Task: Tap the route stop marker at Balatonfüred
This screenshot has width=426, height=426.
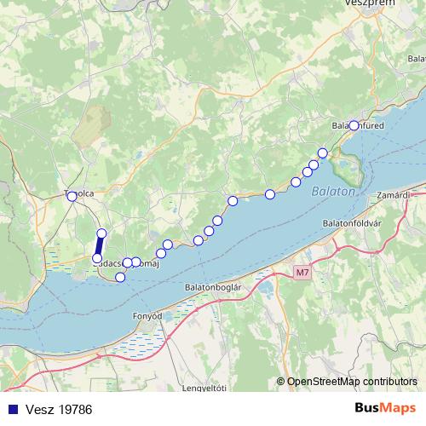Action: [x=354, y=125]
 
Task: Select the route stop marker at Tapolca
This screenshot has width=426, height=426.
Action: [x=72, y=196]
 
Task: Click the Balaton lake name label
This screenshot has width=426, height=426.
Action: [x=332, y=193]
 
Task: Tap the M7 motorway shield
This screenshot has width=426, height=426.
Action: [x=302, y=273]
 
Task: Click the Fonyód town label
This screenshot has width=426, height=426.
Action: [x=147, y=315]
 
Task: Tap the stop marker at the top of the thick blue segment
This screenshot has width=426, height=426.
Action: [x=101, y=233]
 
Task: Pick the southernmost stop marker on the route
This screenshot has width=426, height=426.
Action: [x=120, y=277]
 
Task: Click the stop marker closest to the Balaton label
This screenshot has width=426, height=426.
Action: [x=323, y=153]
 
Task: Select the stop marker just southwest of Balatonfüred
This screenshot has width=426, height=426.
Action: [x=323, y=153]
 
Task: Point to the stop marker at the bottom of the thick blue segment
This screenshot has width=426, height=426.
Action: [x=97, y=258]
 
